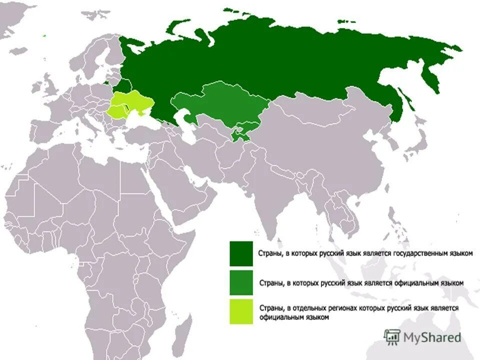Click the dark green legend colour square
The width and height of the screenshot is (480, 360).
point(241,253)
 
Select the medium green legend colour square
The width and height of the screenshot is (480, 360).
point(241,282)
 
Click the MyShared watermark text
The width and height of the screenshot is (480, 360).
point(432,337)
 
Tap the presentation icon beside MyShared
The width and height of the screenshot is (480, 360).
point(392,336)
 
